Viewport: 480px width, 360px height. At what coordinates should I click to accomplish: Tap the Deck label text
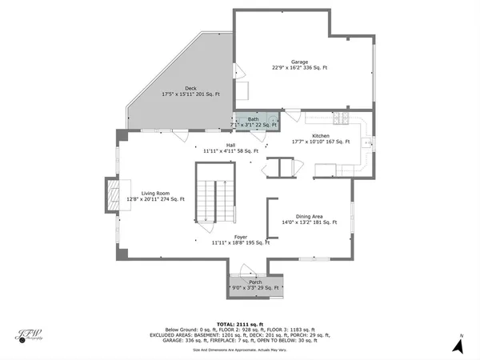tap(191, 89)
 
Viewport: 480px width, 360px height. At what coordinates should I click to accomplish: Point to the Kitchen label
tap(321, 136)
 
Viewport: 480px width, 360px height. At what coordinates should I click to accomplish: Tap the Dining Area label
tap(308, 216)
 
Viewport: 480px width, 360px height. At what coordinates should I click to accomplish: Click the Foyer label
tap(240, 237)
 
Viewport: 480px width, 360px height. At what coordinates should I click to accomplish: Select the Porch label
tap(255, 282)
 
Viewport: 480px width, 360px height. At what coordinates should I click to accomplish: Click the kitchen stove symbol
tap(342, 119)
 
